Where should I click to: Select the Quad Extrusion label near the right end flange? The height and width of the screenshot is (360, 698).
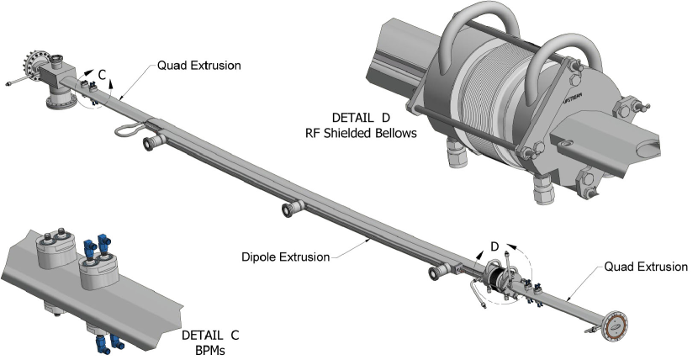pos(646,267)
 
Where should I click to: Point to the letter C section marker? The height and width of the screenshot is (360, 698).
pos(102,75)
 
